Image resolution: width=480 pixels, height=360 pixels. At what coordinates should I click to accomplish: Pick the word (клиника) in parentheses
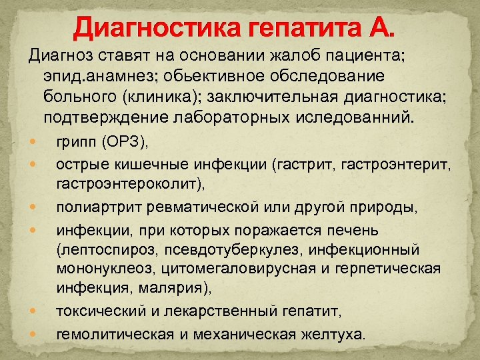coord(163,97)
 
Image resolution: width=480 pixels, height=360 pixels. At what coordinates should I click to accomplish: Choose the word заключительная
coord(272,97)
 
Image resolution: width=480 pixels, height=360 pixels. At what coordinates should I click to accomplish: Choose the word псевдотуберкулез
coord(241,249)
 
